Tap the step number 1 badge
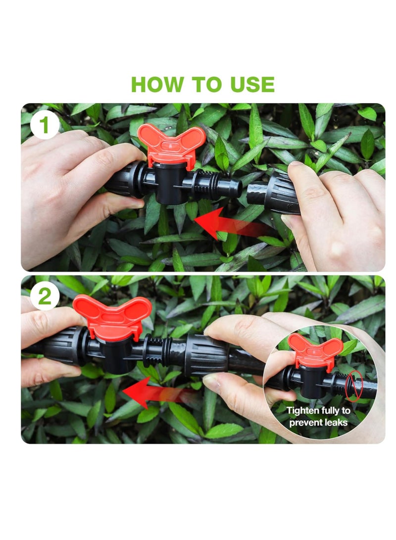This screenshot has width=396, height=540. (45, 125)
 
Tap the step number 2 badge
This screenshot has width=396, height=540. (45, 296)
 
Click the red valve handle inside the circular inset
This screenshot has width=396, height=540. (315, 349)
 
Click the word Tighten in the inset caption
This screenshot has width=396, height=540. (304, 411)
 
